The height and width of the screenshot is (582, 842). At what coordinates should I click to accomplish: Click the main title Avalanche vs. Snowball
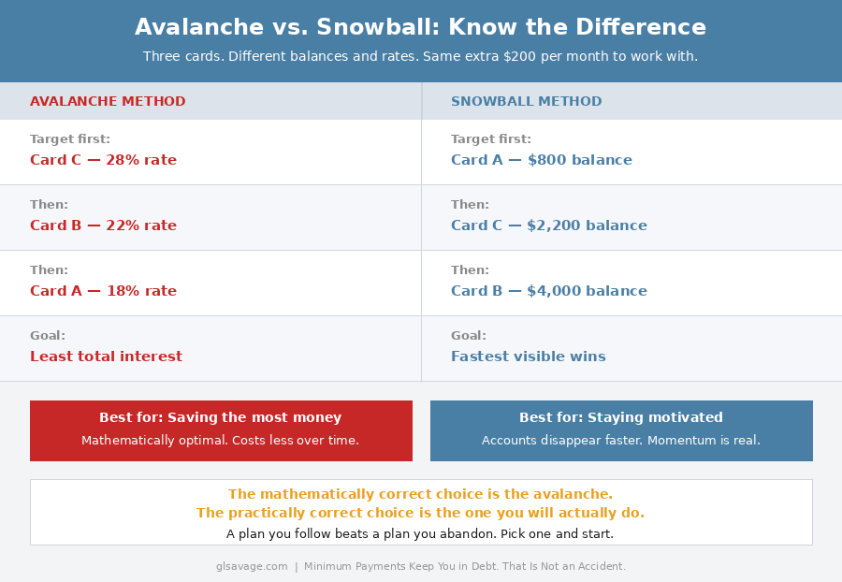[420, 27]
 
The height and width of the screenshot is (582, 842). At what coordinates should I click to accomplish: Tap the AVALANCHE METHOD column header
[108, 102]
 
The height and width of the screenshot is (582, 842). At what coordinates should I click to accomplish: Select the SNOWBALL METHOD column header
[526, 102]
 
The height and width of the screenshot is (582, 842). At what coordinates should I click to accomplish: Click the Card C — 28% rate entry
[103, 160]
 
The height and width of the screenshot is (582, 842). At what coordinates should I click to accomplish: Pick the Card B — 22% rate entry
[103, 226]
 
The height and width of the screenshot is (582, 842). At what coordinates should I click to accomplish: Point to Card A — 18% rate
[103, 291]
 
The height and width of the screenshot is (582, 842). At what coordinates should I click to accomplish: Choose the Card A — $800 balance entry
[541, 160]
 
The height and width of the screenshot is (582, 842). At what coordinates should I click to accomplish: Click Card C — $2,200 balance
[548, 226]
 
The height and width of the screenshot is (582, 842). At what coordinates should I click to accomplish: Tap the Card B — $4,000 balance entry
[548, 291]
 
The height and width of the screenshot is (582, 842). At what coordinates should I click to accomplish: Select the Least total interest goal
[106, 356]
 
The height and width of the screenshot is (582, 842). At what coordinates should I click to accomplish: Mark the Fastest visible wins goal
[528, 356]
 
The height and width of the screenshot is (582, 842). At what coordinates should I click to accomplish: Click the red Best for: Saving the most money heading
[221, 418]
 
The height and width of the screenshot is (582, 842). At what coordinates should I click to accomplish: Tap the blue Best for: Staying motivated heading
[621, 418]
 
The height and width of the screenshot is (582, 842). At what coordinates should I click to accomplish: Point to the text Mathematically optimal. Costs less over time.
[221, 441]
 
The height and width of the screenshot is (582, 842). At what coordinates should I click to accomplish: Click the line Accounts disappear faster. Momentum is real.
[621, 441]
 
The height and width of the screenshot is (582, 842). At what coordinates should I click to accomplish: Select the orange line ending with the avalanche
[420, 494]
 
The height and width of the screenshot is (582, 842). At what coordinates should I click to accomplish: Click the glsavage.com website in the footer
[252, 566]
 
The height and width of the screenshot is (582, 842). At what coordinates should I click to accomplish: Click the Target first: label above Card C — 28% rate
[70, 139]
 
